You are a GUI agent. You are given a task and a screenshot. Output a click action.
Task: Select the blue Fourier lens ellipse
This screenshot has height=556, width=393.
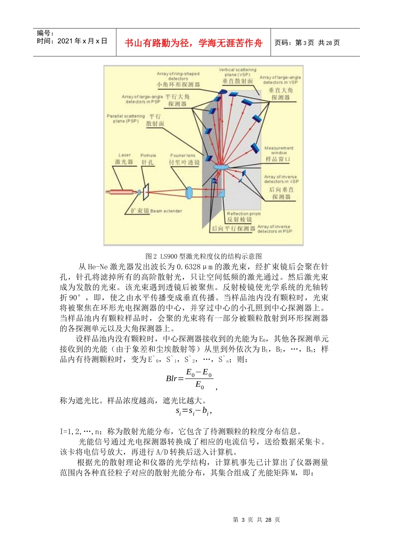tap(189, 192)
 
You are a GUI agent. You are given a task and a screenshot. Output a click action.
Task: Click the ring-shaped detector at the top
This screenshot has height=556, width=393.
tap(223, 91)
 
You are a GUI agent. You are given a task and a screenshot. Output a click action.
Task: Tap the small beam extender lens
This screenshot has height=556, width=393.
tap(139, 192)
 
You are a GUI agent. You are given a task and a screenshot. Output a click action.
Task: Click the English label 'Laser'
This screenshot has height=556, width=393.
tap(125, 155)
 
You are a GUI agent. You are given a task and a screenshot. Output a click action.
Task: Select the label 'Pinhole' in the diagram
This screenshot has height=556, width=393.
tap(148, 156)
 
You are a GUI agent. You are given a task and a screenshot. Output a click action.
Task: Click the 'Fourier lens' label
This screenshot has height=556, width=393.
tap(182, 156)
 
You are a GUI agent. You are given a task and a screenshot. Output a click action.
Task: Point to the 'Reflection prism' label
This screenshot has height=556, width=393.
tap(244, 214)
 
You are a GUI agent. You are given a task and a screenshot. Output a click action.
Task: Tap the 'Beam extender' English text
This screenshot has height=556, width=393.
tap(166, 211)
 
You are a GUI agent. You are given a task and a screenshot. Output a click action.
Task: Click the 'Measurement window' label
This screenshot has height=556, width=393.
tap(279, 150)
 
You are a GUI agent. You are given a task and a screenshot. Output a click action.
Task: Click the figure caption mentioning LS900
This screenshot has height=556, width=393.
tap(204, 256)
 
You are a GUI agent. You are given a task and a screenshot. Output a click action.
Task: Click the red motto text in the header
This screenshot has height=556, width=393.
tap(193, 43)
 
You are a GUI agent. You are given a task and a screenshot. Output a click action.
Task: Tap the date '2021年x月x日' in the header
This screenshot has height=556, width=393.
tap(82, 41)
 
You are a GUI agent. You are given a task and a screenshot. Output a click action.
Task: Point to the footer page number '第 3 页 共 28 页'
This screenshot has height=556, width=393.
tap(256, 520)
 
